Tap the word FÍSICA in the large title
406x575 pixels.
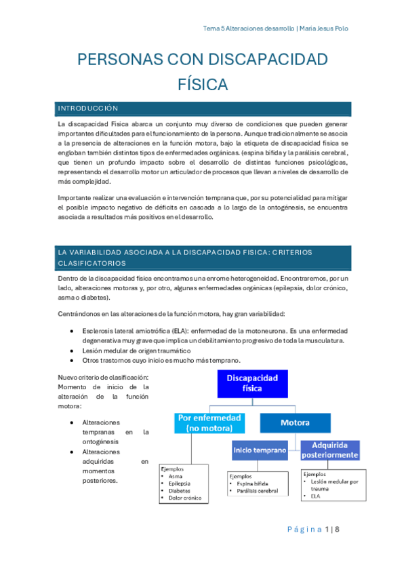[202, 85]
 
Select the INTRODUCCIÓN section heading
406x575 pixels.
[88, 108]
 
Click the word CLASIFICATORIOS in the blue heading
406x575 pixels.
[92, 262]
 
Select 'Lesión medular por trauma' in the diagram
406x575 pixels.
[333, 485]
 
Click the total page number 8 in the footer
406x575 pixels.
[336, 530]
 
